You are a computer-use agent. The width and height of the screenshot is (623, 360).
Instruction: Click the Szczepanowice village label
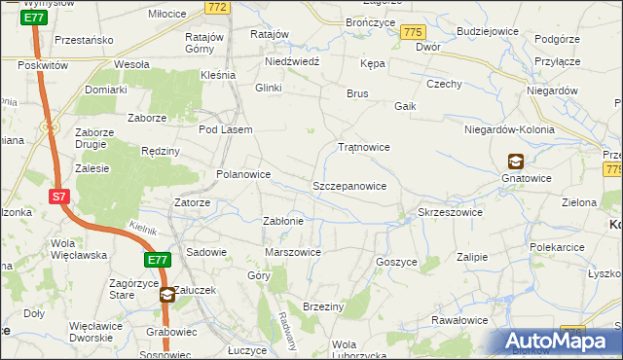click(349, 185)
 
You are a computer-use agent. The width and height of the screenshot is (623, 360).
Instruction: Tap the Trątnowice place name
click(363, 148)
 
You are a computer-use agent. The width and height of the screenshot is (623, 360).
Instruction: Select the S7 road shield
click(59, 197)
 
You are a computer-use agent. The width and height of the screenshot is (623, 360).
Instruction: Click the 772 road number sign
click(217, 8)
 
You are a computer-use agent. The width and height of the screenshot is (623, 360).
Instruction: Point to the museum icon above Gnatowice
click(514, 162)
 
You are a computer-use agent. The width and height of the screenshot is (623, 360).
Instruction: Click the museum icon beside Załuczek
click(167, 293)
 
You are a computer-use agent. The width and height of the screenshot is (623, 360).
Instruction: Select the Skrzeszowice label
click(450, 212)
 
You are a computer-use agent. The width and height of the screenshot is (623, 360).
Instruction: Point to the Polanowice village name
click(242, 175)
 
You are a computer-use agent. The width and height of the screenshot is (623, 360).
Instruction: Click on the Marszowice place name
click(293, 252)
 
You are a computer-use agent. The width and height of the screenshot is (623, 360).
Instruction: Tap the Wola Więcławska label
click(78, 250)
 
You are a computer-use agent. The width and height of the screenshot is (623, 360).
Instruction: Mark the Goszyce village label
click(396, 262)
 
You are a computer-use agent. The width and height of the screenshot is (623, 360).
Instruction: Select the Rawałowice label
click(459, 320)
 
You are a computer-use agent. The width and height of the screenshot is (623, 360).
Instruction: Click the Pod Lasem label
click(226, 129)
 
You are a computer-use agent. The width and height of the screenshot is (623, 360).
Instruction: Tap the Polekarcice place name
click(558, 248)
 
